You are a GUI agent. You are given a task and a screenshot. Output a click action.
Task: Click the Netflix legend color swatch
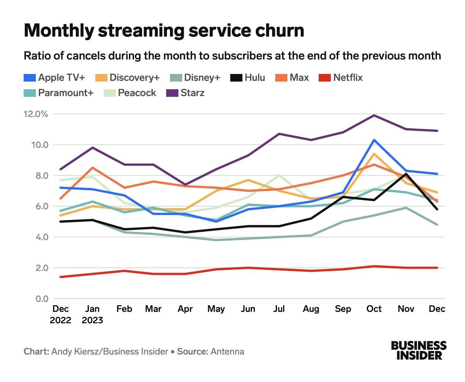click(x=324, y=78)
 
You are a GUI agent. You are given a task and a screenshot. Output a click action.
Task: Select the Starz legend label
click(x=192, y=93)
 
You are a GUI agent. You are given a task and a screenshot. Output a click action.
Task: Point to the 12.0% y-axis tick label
click(x=36, y=114)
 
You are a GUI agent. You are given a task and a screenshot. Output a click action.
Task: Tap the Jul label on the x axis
click(x=279, y=308)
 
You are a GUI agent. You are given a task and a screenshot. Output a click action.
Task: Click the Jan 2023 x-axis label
click(x=92, y=314)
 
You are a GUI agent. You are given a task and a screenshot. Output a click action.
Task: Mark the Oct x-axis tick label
click(x=374, y=308)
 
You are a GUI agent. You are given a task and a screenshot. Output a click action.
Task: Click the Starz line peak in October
click(x=374, y=115)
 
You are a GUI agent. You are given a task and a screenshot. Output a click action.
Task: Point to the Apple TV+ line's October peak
click(x=374, y=140)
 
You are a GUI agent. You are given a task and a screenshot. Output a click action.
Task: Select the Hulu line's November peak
click(x=406, y=174)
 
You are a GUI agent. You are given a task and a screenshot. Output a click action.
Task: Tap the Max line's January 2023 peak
click(x=93, y=168)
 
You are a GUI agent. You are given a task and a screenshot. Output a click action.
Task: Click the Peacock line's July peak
click(x=279, y=175)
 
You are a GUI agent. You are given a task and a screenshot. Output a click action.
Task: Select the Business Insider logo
click(x=418, y=350)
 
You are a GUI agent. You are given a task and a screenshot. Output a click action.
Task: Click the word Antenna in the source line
click(x=227, y=351)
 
